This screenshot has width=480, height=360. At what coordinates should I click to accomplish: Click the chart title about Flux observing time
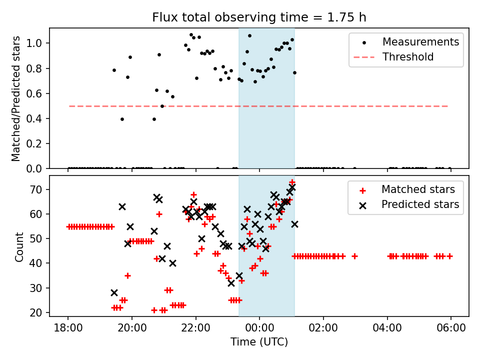pos(259,18)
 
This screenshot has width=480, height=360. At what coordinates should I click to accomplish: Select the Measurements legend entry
pos(420,42)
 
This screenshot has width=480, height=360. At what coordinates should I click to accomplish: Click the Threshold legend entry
pos(408,57)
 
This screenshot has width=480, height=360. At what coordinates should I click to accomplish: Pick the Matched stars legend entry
pos(418,189)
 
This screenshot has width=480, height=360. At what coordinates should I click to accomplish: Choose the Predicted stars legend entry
pos(420,204)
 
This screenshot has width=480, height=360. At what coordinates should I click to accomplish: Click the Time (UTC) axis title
pos(259,342)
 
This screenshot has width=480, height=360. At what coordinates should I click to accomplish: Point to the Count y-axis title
pos(19,246)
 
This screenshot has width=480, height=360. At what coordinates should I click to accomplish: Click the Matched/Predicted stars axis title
pos(16,98)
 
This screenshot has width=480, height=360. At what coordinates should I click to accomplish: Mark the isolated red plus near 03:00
pos(354,256)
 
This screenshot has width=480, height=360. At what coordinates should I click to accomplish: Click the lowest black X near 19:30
pos(114,292)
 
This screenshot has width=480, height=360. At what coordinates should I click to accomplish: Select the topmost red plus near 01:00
pos(292,182)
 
